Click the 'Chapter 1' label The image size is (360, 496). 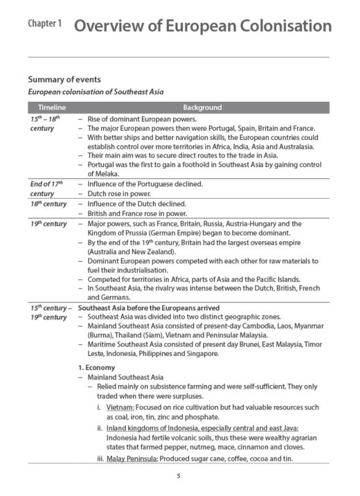pos(45,24)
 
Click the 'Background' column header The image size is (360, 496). pos(202,107)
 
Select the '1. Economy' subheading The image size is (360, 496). pos(97,367)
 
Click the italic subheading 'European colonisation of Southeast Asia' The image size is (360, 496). pos(95,92)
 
